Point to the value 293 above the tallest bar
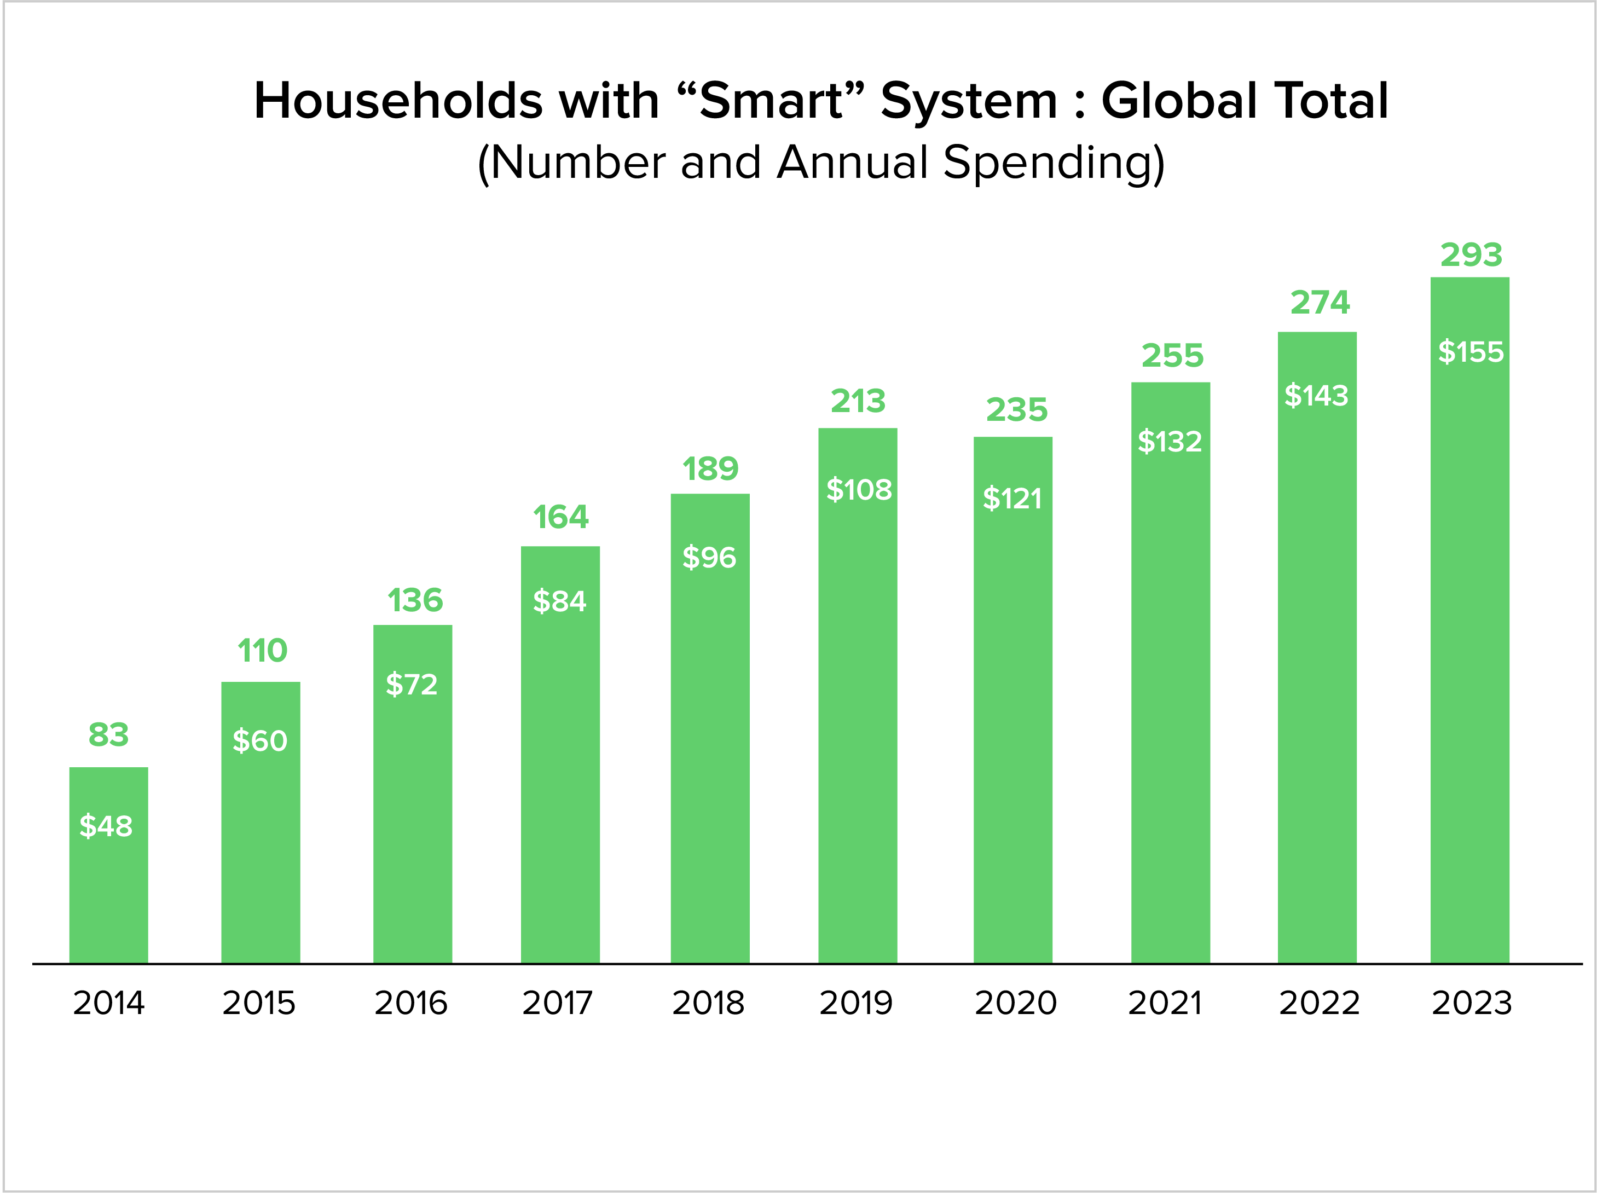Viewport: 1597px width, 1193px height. (x=1471, y=255)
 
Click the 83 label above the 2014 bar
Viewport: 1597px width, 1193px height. (x=108, y=735)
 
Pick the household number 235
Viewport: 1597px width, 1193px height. (x=1016, y=410)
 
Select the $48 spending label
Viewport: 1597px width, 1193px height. (x=106, y=826)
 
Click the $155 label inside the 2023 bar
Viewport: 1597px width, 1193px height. (x=1470, y=352)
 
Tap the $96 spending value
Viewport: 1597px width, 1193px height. (x=709, y=557)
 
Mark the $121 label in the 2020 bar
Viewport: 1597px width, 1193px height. (x=1012, y=499)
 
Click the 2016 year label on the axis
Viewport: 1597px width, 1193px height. (x=411, y=1003)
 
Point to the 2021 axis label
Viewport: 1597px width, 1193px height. (x=1165, y=1003)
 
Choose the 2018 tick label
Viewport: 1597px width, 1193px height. (x=708, y=1003)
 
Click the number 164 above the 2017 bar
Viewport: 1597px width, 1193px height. (x=560, y=517)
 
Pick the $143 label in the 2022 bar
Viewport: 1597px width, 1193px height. (x=1316, y=396)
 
